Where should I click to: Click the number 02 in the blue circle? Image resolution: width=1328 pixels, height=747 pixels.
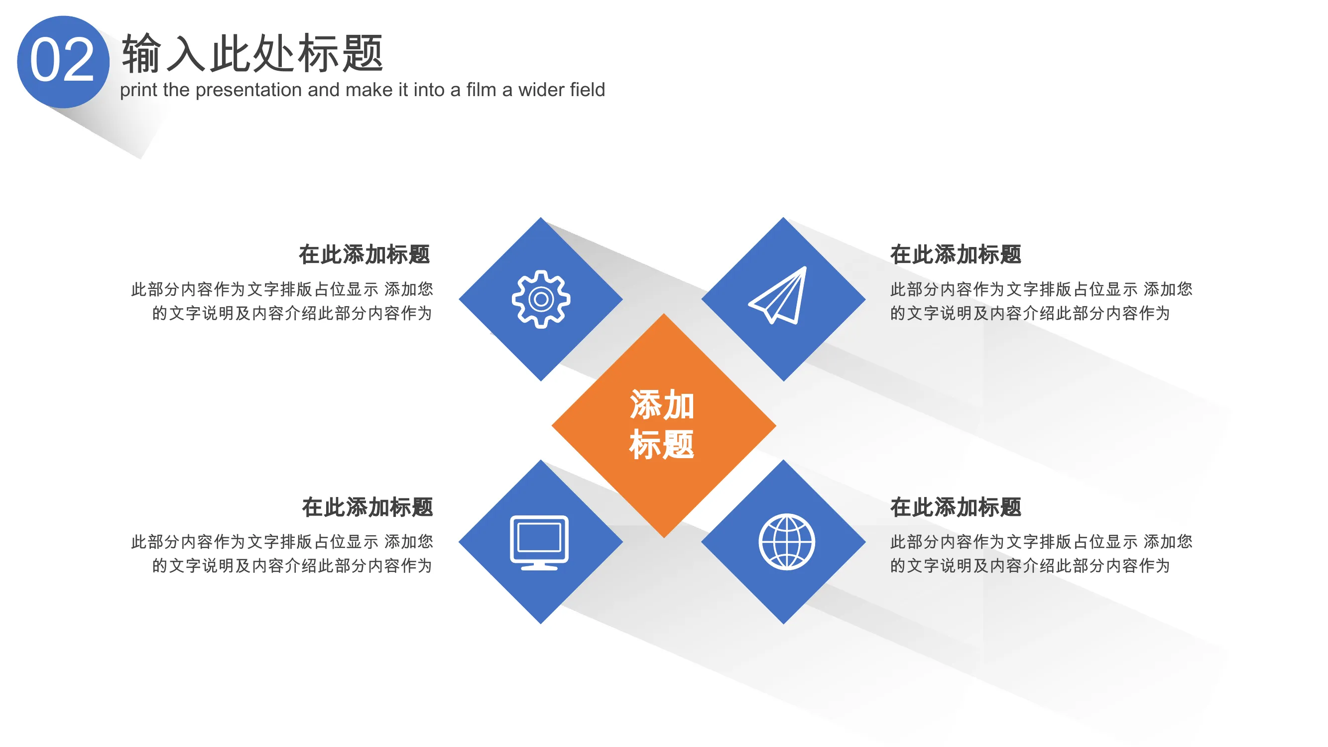[62, 60]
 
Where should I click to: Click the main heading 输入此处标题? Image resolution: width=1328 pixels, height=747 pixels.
[252, 53]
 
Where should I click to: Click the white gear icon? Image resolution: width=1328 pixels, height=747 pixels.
[541, 299]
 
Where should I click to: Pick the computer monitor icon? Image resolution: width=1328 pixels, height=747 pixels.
[539, 542]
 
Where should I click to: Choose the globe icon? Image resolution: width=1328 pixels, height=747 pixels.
[787, 541]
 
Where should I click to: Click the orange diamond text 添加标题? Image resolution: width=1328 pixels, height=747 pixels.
[662, 424]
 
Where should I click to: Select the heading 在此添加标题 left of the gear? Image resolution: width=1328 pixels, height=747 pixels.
[364, 254]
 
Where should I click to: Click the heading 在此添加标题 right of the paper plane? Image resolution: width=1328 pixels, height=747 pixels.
[956, 254]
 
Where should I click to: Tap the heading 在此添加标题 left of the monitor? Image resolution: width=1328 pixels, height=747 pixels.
[367, 507]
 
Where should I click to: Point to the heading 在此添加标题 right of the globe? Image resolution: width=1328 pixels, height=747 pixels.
[956, 507]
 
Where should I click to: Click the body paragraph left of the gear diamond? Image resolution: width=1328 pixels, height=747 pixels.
[282, 301]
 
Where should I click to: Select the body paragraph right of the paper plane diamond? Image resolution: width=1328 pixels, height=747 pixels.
[1041, 301]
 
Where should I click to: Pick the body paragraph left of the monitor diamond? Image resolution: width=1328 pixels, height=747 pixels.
[282, 554]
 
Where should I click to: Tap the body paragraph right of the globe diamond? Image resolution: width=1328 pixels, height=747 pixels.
[1041, 554]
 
